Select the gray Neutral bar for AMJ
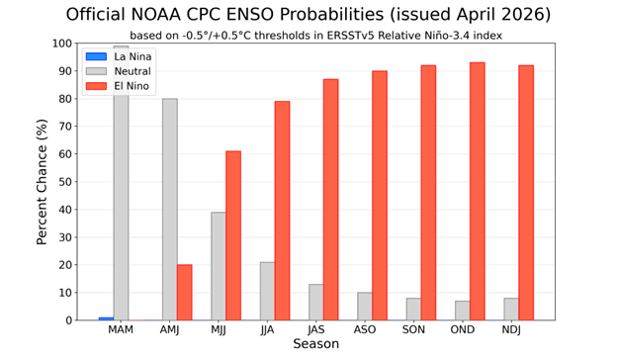(x=169, y=210)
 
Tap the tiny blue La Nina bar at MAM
(x=106, y=318)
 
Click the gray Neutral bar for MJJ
(x=218, y=266)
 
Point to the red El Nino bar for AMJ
(x=185, y=293)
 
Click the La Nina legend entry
(x=119, y=57)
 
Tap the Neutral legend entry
(x=119, y=72)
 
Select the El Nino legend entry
(x=119, y=87)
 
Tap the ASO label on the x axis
(x=364, y=330)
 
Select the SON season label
(x=413, y=330)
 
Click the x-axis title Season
(x=315, y=345)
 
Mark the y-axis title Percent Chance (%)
(x=43, y=182)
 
